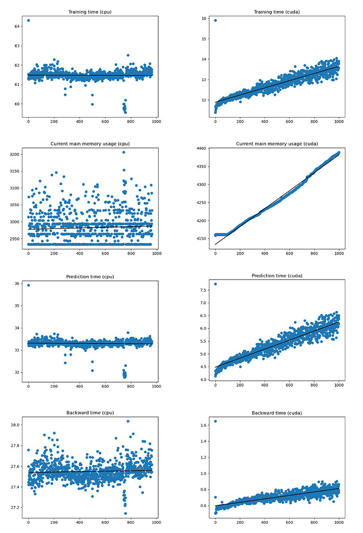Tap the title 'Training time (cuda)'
pyautogui.click(x=277, y=11)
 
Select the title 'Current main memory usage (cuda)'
pyautogui.click(x=277, y=144)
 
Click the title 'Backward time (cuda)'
pyautogui.click(x=277, y=413)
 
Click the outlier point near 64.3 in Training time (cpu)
pyautogui.click(x=28, y=20)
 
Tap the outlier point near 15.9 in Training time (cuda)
pyautogui.click(x=215, y=20)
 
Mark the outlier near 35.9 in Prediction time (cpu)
pyautogui.click(x=28, y=285)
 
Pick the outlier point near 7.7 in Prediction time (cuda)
pyautogui.click(x=215, y=284)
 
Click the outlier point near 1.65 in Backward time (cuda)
pyautogui.click(x=215, y=421)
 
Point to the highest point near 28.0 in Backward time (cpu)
pyautogui.click(x=128, y=421)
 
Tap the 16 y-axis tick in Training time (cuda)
pyautogui.click(x=204, y=19)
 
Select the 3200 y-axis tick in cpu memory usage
pyautogui.click(x=12, y=155)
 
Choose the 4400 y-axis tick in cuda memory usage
pyautogui.click(x=200, y=149)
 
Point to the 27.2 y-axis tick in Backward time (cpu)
pyautogui.click(x=14, y=507)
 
